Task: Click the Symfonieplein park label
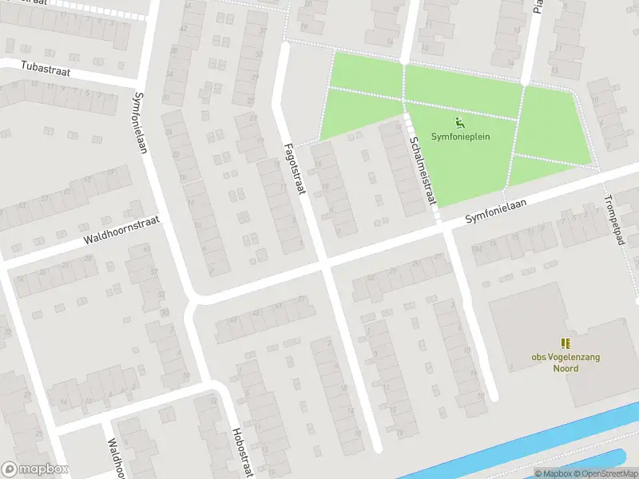pyautogui.click(x=460, y=137)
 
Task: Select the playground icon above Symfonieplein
pyautogui.click(x=459, y=122)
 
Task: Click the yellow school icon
pyautogui.click(x=566, y=343)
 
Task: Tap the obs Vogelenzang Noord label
pyautogui.click(x=566, y=362)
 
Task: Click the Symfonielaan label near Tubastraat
pyautogui.click(x=141, y=123)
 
